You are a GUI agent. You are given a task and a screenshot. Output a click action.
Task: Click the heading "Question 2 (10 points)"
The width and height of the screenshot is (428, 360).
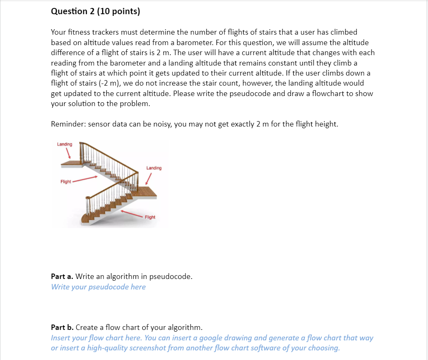pyautogui.click(x=95, y=11)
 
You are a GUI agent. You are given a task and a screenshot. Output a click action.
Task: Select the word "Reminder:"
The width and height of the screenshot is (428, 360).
pyautogui.click(x=68, y=124)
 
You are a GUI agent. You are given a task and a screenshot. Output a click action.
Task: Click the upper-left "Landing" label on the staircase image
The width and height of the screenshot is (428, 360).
pyautogui.click(x=65, y=144)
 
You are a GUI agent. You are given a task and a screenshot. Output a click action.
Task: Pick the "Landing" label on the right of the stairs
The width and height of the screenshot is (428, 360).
pyautogui.click(x=154, y=168)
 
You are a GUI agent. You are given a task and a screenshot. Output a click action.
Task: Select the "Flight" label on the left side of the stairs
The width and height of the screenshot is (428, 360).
pyautogui.click(x=65, y=182)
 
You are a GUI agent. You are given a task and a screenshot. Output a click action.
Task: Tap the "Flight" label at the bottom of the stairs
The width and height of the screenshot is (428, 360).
pyautogui.click(x=150, y=217)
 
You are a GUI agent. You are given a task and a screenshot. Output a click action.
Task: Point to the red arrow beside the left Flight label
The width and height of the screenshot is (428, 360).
pyautogui.click(x=86, y=179)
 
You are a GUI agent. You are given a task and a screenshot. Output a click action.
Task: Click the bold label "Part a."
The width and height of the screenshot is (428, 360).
pyautogui.click(x=62, y=276)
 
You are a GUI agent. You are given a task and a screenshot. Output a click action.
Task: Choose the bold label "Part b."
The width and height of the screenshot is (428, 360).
pyautogui.click(x=62, y=327)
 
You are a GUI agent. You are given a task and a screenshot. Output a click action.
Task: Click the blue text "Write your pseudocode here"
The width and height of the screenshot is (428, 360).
pyautogui.click(x=98, y=287)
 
